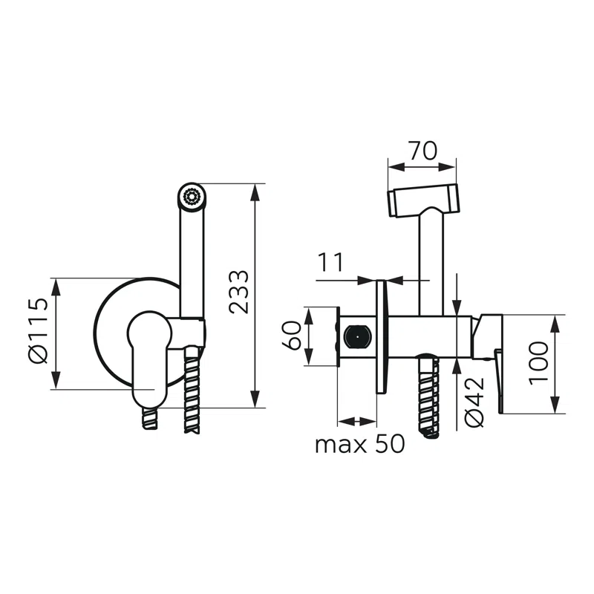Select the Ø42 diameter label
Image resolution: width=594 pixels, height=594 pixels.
(x=474, y=402)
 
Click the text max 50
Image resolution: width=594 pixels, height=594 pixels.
(x=359, y=444)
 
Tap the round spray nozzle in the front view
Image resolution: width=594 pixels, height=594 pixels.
(x=192, y=197)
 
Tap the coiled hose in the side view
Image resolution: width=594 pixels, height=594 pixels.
(x=429, y=397)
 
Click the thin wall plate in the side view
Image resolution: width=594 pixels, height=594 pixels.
(x=382, y=338)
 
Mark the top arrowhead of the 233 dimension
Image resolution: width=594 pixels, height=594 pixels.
(x=256, y=190)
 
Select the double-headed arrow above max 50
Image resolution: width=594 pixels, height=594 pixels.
(x=357, y=420)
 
